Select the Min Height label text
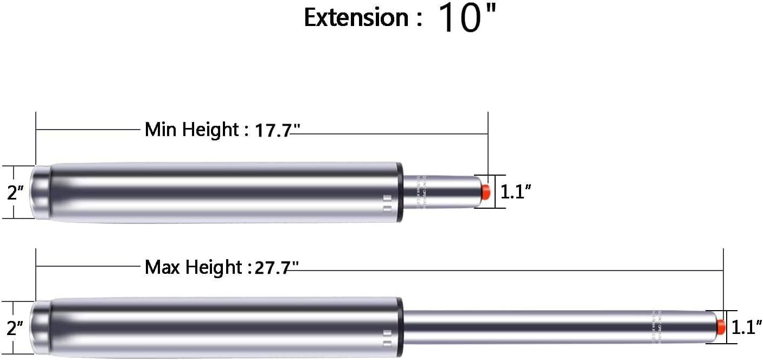(x=191, y=130)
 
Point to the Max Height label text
(x=193, y=267)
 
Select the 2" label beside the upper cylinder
(x=15, y=192)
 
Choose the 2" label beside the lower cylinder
(x=15, y=328)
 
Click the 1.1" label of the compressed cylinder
(x=515, y=191)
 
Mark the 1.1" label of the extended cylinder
(x=747, y=327)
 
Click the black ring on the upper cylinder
(x=400, y=192)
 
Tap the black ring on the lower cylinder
(x=400, y=327)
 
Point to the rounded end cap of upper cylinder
(x=40, y=192)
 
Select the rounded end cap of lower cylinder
(x=40, y=327)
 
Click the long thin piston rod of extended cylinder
(x=542, y=327)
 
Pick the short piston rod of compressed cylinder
(x=442, y=191)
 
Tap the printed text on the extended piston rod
(x=656, y=327)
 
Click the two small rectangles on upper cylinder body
(x=387, y=203)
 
